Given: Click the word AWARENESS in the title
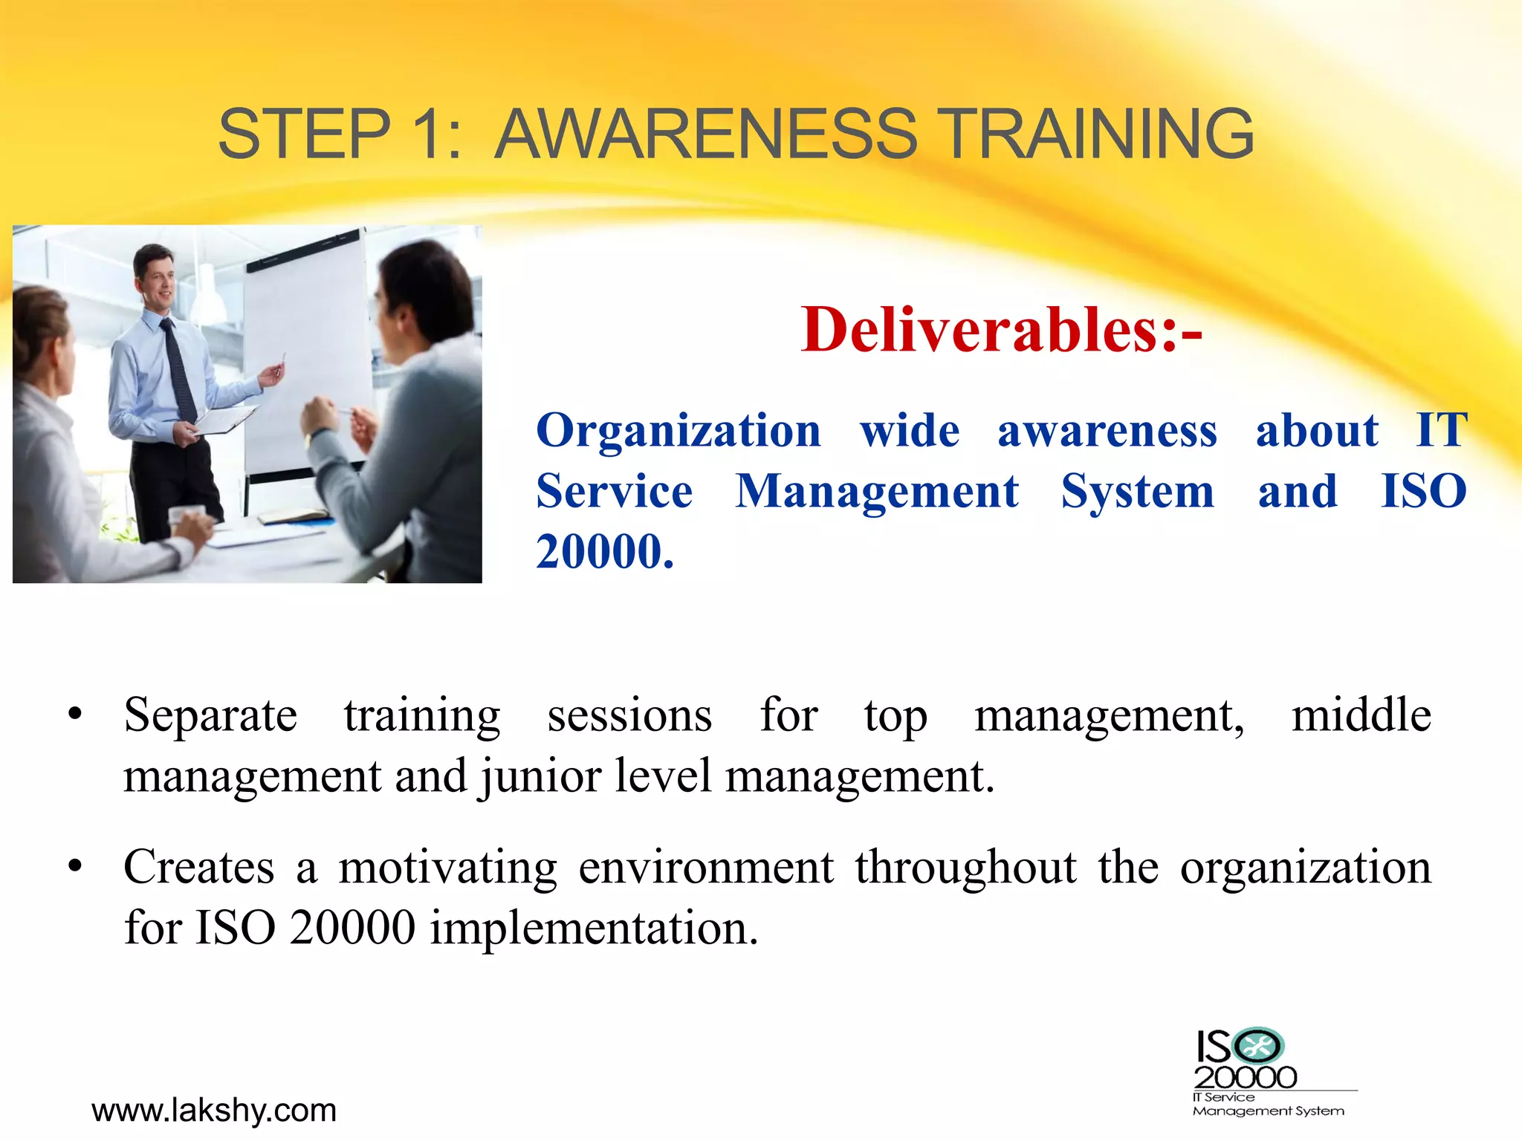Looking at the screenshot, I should point(706,134).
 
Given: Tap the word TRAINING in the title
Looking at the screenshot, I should point(1099,134).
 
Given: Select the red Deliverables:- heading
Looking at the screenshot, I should point(1001,329).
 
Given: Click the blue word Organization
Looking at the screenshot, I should point(678,431).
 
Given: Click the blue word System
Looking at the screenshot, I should point(1137,492).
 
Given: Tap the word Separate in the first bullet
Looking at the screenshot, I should point(210,715).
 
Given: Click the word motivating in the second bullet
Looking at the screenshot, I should point(447,867).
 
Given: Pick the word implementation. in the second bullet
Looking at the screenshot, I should point(594,928).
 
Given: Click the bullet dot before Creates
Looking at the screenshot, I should point(74,866).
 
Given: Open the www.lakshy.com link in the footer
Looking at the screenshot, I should point(214,1111).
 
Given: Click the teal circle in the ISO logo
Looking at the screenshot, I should point(1258,1047).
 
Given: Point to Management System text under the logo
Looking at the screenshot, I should point(1268,1111).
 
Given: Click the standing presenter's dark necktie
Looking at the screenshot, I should point(178,368).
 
